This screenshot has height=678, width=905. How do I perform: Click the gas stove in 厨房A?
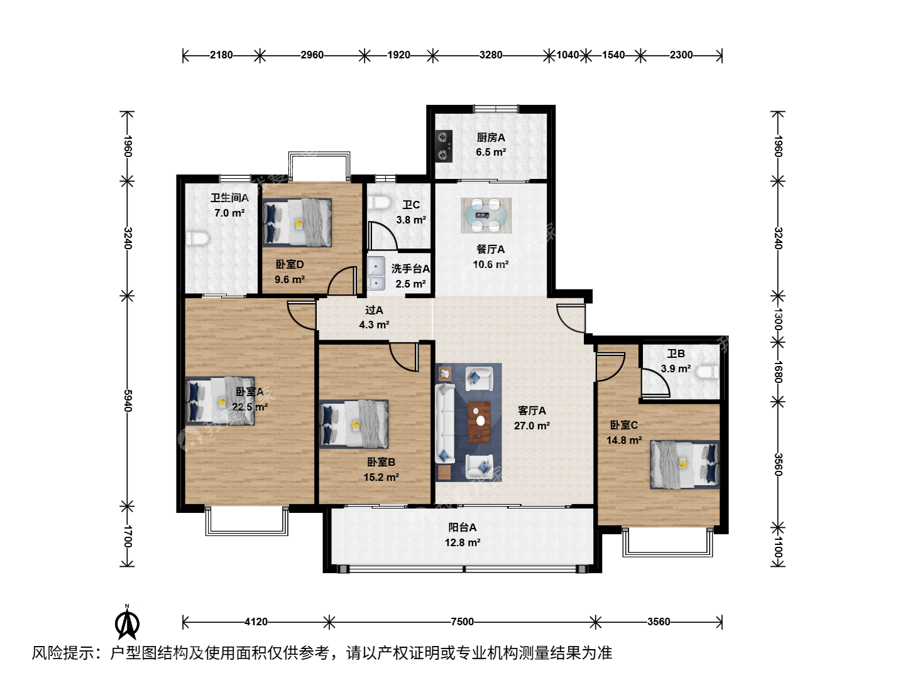click(x=444, y=146)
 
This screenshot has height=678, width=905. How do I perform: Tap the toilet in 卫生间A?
click(x=197, y=239)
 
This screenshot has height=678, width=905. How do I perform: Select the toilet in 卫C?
click(x=380, y=202)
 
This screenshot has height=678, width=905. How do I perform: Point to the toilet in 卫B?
click(x=707, y=372)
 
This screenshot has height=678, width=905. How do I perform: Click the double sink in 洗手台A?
click(x=376, y=273)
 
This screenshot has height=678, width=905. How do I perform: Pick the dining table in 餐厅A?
click(x=486, y=215)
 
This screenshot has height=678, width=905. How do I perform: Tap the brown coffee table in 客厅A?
click(x=479, y=422)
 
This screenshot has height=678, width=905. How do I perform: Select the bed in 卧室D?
click(x=297, y=223)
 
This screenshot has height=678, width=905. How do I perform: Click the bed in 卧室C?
click(x=685, y=465)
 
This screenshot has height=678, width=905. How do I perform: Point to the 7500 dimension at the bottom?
click(x=462, y=621)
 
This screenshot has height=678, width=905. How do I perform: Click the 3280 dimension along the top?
click(x=491, y=55)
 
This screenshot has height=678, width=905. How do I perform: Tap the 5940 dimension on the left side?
click(x=128, y=401)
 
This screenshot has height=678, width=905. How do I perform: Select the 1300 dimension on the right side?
click(x=777, y=319)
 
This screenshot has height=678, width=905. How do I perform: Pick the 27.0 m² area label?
click(x=532, y=425)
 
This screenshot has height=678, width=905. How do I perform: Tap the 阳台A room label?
click(x=462, y=527)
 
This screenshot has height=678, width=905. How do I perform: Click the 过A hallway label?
click(x=374, y=310)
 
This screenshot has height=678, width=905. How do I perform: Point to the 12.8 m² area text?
click(x=463, y=542)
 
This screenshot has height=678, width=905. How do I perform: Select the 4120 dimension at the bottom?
click(x=256, y=621)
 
